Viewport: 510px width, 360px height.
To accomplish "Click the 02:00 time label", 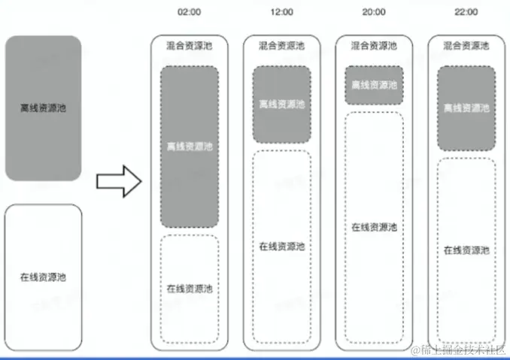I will click(190, 12).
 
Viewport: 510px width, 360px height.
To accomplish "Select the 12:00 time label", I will click(281, 12).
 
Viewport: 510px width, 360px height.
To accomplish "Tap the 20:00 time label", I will click(374, 12).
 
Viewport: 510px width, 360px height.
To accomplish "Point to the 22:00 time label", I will click(466, 12).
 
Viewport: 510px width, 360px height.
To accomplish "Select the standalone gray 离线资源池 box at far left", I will click(43, 108).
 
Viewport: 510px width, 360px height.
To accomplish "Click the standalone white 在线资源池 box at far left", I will click(43, 277).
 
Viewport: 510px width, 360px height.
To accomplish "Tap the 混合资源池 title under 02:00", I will click(190, 46).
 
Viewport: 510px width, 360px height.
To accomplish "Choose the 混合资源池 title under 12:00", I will click(281, 46).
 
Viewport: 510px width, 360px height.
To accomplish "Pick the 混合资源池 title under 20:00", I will click(374, 46).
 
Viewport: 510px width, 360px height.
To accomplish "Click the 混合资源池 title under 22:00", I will click(466, 46).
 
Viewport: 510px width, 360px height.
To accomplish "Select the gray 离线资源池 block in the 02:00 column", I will click(190, 147).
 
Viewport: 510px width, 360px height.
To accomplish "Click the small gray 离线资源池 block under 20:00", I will click(374, 85).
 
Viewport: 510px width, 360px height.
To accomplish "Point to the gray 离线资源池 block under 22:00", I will click(466, 108).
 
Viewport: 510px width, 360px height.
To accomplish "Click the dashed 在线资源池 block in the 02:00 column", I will click(190, 289).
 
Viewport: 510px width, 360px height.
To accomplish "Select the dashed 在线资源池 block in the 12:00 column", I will click(281, 247).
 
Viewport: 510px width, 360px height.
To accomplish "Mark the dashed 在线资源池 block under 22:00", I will click(466, 250).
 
